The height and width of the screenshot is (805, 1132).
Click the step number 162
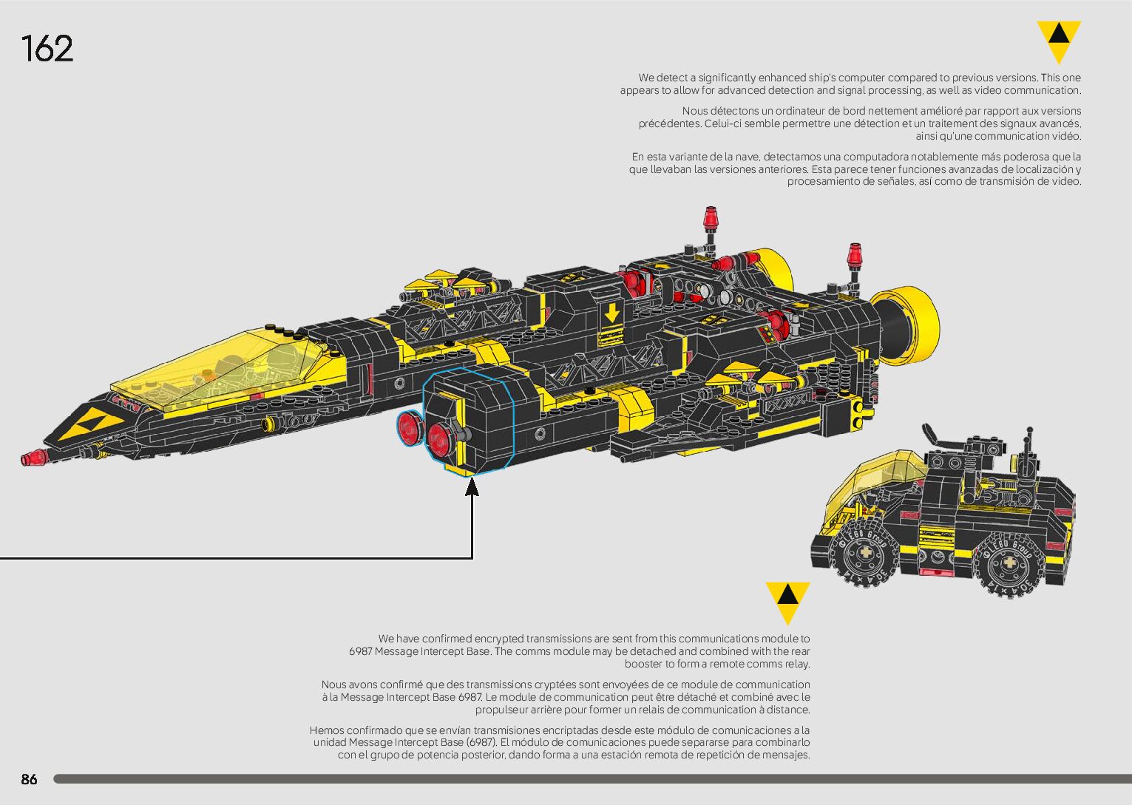coord(48,49)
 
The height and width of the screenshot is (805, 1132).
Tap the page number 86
coord(29,779)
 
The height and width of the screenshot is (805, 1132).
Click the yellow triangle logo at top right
coord(1058,41)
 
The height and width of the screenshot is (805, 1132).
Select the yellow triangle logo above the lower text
coord(787,601)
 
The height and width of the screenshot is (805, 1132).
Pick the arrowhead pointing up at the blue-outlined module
coord(472,488)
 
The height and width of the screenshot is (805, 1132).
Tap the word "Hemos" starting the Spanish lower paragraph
coord(327,730)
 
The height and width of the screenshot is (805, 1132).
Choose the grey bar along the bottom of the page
coord(592,779)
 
